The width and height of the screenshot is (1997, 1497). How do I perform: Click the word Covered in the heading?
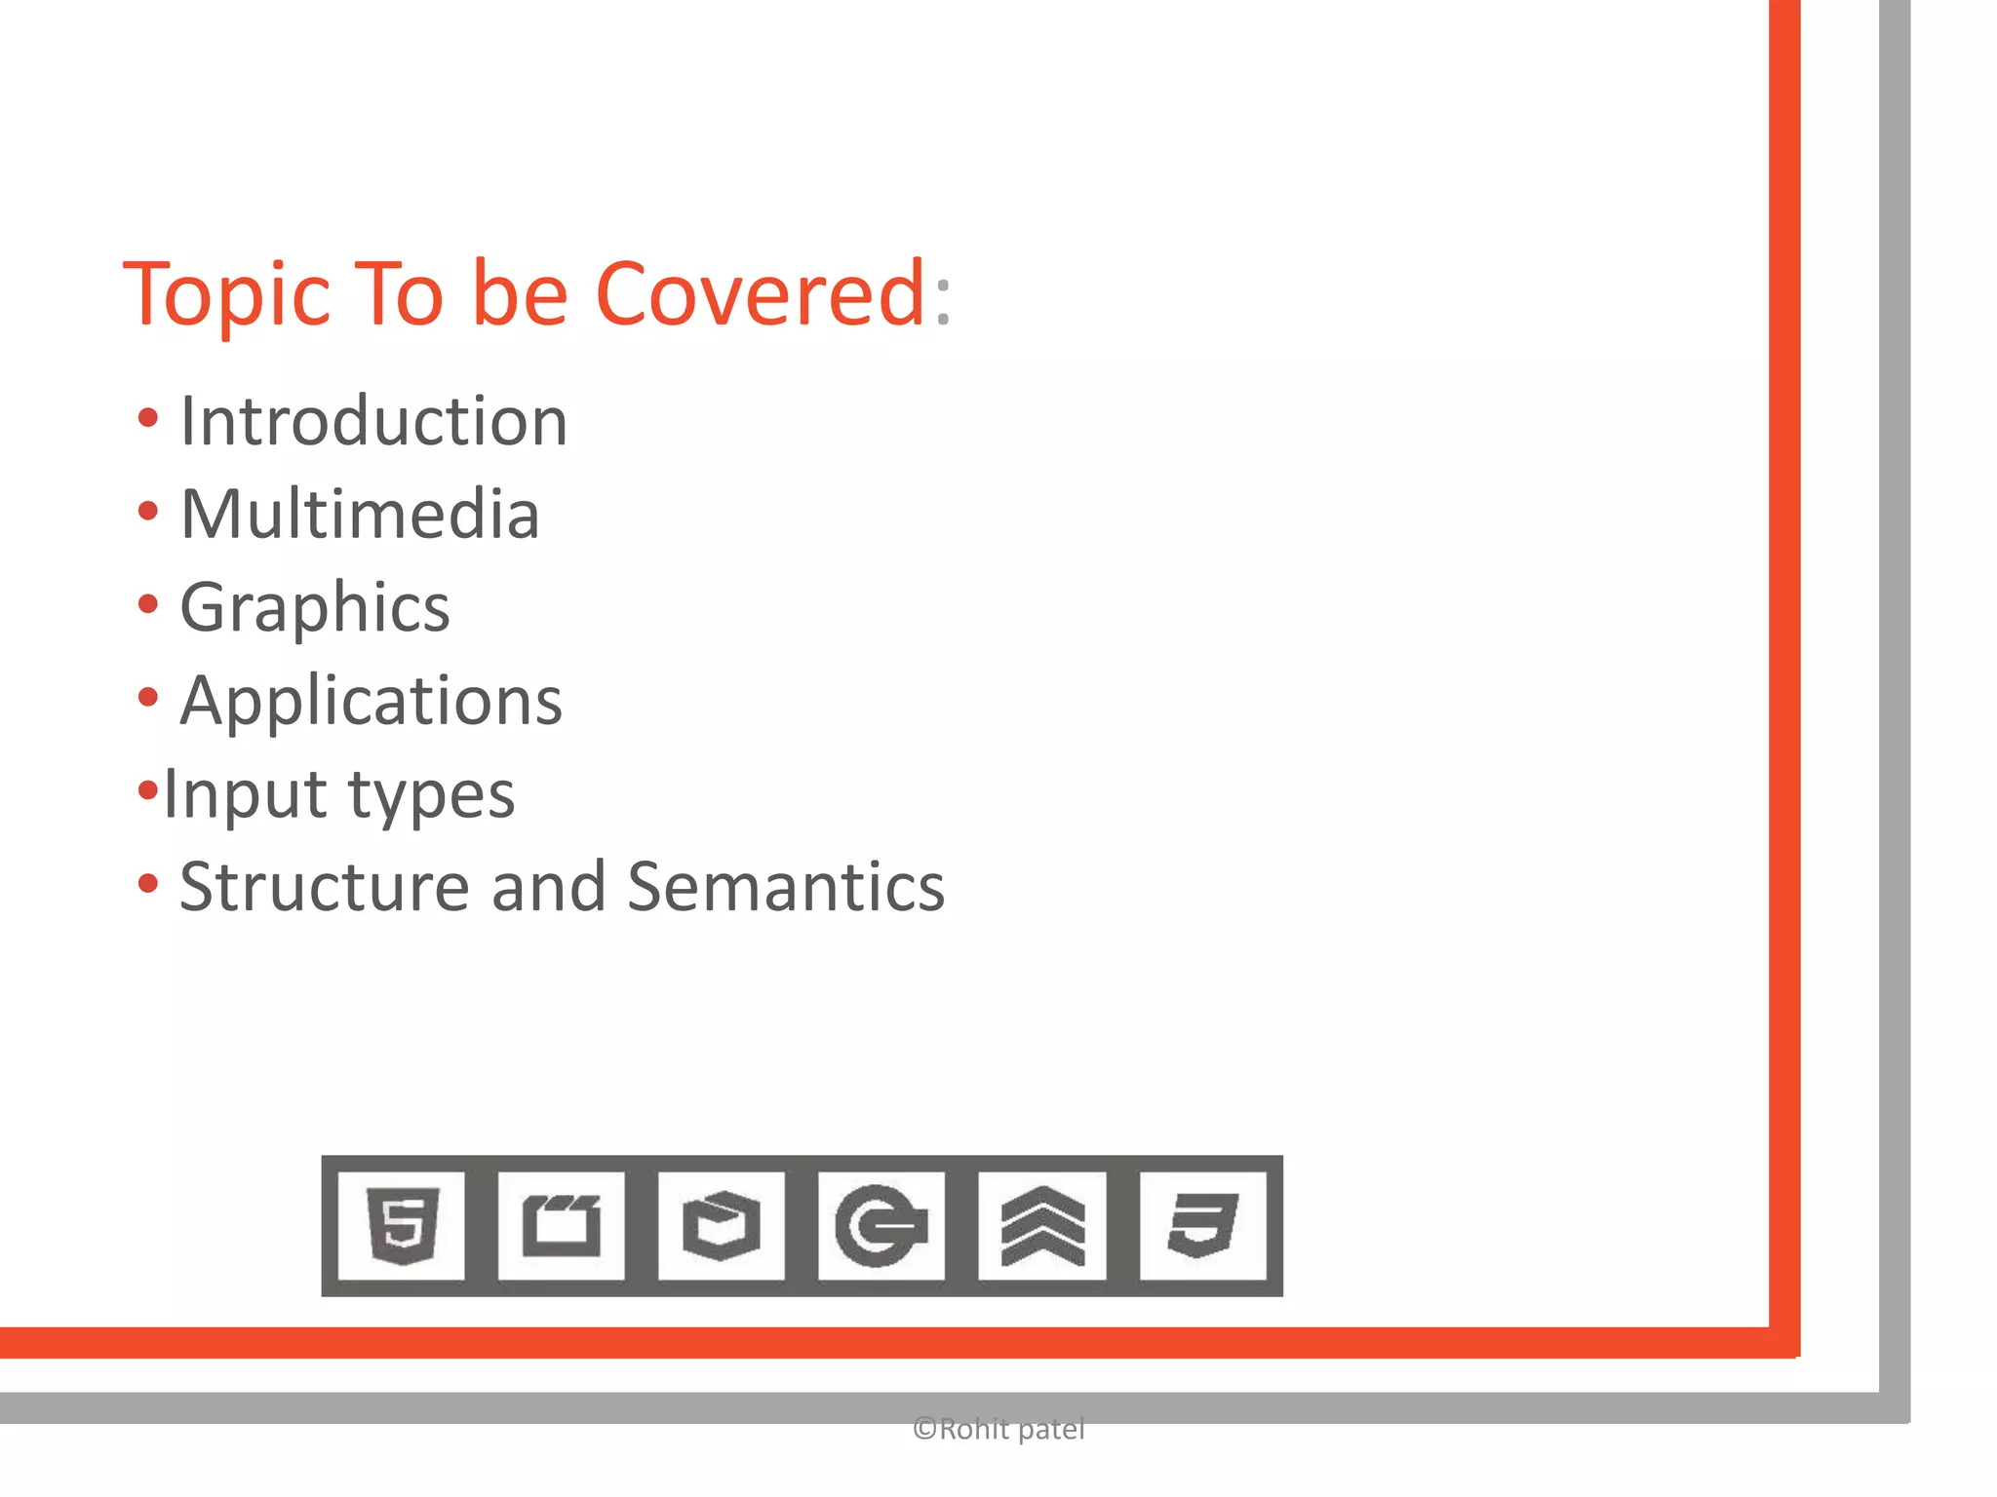tap(760, 294)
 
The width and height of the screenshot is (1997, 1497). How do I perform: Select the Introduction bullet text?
tap(373, 421)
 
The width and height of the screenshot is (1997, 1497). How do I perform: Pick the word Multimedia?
tap(360, 514)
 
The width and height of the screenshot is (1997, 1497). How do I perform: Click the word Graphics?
tap(315, 608)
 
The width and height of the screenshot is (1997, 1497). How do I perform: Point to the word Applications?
tap(372, 701)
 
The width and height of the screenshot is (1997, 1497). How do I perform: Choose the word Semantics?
tap(786, 887)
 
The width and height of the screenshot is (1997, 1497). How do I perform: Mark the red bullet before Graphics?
tap(148, 604)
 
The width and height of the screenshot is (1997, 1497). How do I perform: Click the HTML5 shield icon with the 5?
tap(402, 1225)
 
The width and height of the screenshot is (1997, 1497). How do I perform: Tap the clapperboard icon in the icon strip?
tap(562, 1225)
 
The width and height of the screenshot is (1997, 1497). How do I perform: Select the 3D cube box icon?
tap(722, 1225)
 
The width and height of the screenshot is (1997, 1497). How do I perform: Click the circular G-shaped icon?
tap(881, 1225)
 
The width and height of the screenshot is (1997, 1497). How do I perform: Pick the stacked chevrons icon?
tap(1042, 1225)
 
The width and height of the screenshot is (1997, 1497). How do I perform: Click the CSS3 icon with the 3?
tap(1203, 1225)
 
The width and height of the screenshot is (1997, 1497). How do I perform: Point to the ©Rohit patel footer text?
tap(998, 1430)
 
